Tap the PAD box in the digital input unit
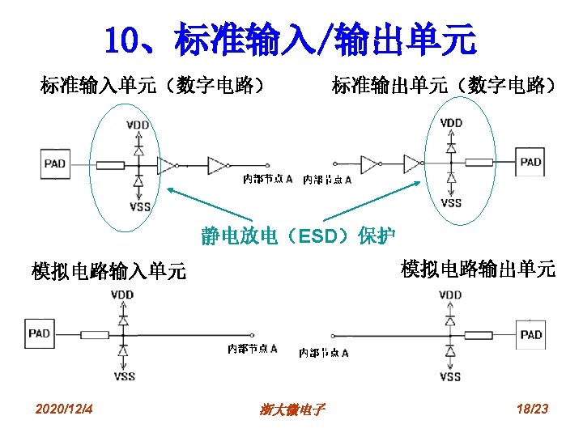coord(55,164)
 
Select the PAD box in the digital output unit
coord(530,162)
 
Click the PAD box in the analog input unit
coord(39,333)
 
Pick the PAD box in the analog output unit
coord(531,335)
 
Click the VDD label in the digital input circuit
coord(138,125)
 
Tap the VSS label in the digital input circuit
coord(139,207)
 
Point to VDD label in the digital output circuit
coord(451,123)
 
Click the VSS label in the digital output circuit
coord(451,203)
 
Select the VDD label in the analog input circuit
coord(123,295)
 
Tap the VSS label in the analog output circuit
coord(450,376)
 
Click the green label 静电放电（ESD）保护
coord(298,236)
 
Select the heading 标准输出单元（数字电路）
coord(444,84)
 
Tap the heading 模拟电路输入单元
coord(109,271)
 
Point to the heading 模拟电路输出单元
coord(478,269)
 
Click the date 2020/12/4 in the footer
coord(65,409)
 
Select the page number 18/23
coord(531,409)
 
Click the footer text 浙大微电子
coord(292,410)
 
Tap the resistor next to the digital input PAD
coord(110,166)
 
